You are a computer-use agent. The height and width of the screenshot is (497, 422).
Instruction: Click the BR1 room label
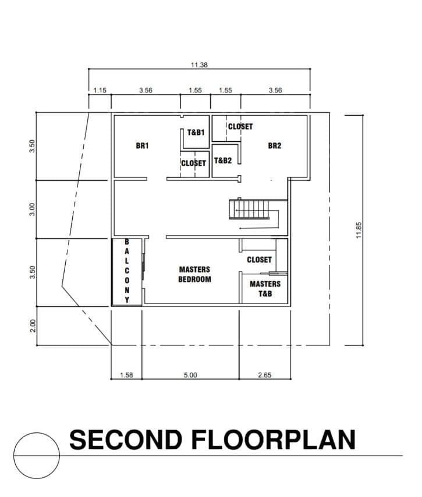pyautogui.click(x=142, y=145)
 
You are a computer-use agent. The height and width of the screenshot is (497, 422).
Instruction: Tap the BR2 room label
pyautogui.click(x=275, y=145)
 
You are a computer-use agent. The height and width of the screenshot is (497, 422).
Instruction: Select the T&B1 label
pyautogui.click(x=196, y=132)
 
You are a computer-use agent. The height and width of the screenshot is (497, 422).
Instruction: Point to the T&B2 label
pyautogui.click(x=223, y=160)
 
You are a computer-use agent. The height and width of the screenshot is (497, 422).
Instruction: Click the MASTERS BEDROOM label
pyautogui.click(x=194, y=274)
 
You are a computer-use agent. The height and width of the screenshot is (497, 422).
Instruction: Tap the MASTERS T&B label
pyautogui.click(x=265, y=288)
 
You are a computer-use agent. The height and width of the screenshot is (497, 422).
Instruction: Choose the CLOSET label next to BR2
pyautogui.click(x=240, y=127)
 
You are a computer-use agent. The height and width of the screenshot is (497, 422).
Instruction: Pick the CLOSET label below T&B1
pyautogui.click(x=194, y=163)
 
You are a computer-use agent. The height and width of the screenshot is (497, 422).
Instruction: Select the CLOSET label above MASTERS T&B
pyautogui.click(x=259, y=260)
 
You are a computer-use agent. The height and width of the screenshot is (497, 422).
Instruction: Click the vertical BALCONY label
pyautogui.click(x=127, y=271)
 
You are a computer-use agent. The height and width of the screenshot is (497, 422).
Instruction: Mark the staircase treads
pyautogui.click(x=249, y=209)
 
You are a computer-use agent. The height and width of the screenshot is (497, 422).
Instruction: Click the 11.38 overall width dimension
pyautogui.click(x=199, y=65)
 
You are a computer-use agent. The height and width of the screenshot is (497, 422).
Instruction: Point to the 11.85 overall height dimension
pyautogui.click(x=359, y=230)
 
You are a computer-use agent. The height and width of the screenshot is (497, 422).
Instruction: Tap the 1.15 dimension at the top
pyautogui.click(x=100, y=90)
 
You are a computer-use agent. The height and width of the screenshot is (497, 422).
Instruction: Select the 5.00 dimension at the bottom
pyautogui.click(x=190, y=375)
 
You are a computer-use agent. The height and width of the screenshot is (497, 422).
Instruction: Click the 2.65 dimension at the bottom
pyautogui.click(x=265, y=375)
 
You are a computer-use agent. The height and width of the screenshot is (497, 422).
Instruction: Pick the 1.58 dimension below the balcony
pyautogui.click(x=126, y=375)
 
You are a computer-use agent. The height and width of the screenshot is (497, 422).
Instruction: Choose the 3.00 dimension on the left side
pyautogui.click(x=32, y=209)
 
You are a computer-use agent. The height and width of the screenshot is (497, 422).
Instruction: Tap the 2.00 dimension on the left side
pyautogui.click(x=33, y=326)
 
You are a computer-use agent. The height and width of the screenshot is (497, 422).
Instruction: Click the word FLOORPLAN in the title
pyautogui.click(x=273, y=439)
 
